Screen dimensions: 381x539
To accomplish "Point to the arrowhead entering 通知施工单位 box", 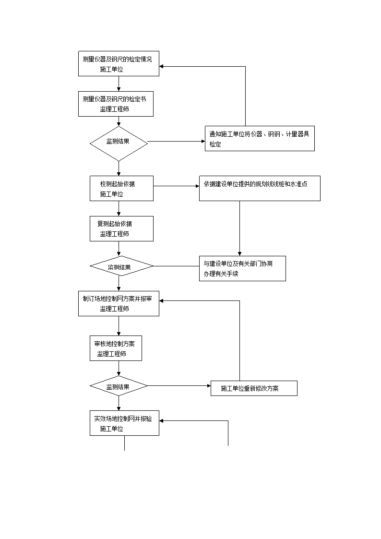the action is [203, 141].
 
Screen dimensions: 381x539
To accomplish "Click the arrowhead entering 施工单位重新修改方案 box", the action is [209, 386].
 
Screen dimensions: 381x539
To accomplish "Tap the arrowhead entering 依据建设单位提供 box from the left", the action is [197, 186].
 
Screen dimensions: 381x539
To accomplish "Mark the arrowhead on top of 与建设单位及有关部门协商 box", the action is [239, 254].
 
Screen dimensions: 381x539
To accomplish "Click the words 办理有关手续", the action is [221, 274].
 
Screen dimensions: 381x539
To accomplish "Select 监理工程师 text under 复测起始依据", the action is [114, 234].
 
